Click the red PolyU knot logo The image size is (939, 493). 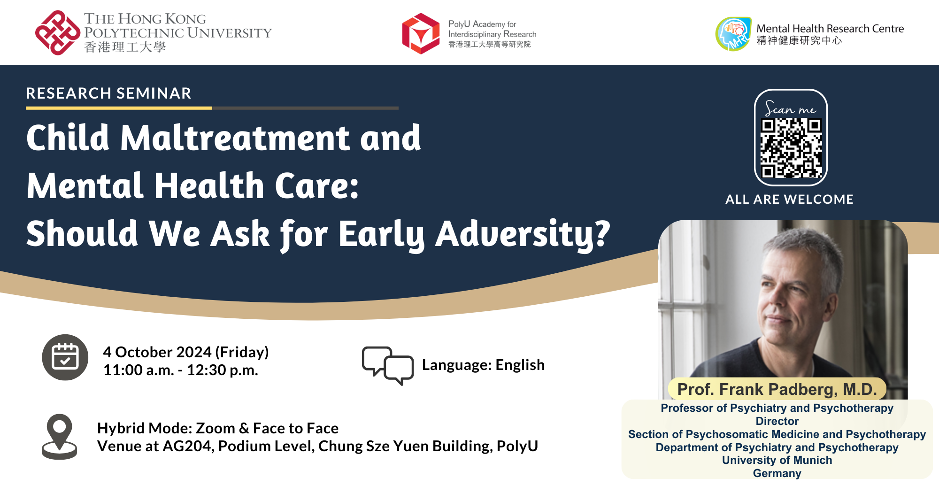[x=58, y=33]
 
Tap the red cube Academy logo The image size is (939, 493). [x=421, y=34]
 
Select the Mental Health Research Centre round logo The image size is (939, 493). [x=733, y=34]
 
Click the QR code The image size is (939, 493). [x=791, y=148]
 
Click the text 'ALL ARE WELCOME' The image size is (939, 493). [x=789, y=199]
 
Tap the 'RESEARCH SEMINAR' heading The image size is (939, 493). [x=108, y=93]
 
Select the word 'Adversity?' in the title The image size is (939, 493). [x=523, y=233]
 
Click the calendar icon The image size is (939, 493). [x=65, y=357]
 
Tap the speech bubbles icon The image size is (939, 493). [x=388, y=365]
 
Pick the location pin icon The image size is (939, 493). [x=60, y=436]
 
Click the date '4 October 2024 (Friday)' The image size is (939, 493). [x=186, y=352]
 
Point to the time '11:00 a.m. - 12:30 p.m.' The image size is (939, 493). [x=181, y=370]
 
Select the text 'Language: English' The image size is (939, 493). [x=483, y=365]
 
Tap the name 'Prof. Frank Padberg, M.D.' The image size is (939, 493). [x=777, y=389]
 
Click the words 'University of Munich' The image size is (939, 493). [x=777, y=460]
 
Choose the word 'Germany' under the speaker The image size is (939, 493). [x=777, y=473]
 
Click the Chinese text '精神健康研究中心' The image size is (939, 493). [x=799, y=41]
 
